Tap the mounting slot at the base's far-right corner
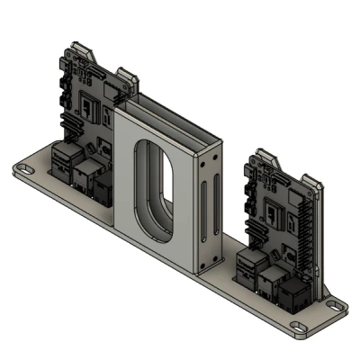335,306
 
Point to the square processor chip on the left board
91,107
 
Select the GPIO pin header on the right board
308,229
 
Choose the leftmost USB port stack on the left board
64,161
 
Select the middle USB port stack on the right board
268,281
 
